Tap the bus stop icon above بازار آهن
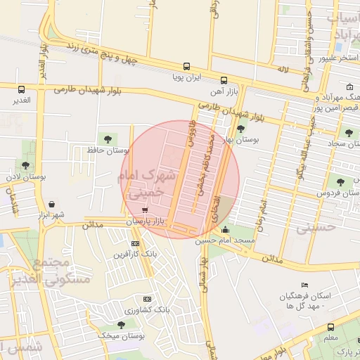224,80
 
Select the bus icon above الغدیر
22,90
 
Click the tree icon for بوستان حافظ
108,139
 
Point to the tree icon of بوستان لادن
26,166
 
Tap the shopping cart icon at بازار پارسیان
145,210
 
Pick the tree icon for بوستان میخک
122,325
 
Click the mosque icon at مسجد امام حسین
225,229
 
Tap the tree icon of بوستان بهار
241,129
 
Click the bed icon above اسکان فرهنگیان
304,285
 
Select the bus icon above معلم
330,327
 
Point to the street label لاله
283,70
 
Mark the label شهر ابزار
53,214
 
